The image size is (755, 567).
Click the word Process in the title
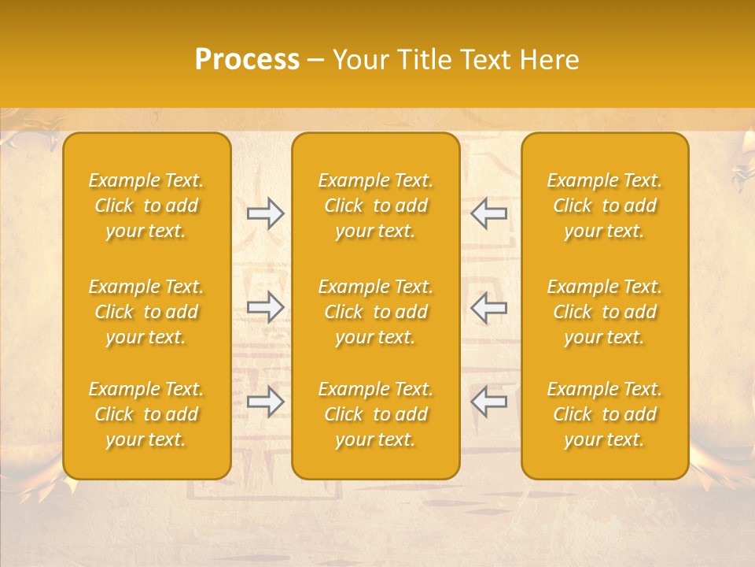tap(247, 60)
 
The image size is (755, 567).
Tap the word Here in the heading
tap(550, 60)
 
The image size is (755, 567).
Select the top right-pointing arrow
tap(266, 213)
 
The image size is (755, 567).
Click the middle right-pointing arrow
tap(266, 307)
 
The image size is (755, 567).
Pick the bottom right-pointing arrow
tap(266, 402)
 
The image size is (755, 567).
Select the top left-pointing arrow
tap(488, 213)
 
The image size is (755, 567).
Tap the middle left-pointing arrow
tap(488, 307)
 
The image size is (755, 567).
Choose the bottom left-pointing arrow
tap(488, 402)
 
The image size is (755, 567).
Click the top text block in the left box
tap(146, 206)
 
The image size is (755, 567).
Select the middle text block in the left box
tap(146, 312)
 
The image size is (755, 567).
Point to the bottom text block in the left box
tap(146, 414)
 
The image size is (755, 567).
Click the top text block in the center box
tap(376, 206)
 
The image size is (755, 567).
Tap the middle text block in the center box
tap(376, 312)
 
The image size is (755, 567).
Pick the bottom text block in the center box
tap(376, 414)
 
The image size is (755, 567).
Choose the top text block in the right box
tap(605, 206)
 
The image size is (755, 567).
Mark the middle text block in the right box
tap(605, 312)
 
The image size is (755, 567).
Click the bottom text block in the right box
tap(605, 414)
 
